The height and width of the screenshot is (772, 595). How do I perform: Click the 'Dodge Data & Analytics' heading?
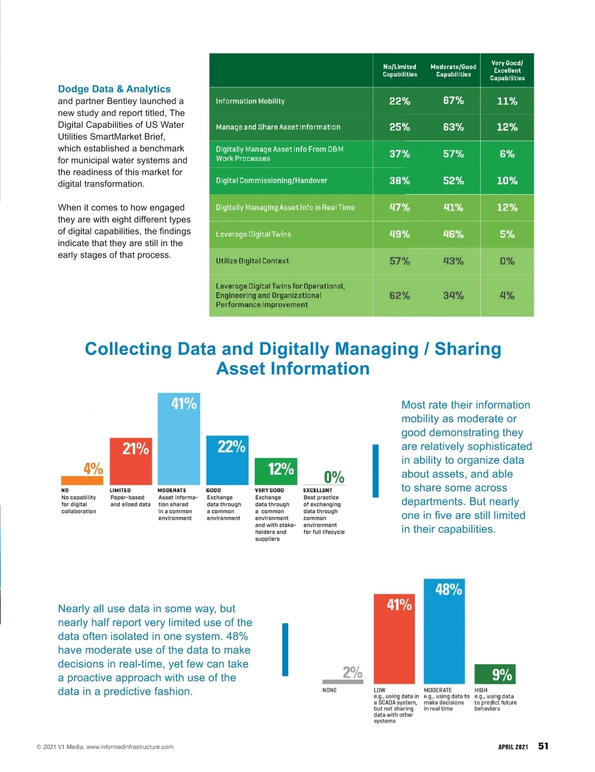coord(114,89)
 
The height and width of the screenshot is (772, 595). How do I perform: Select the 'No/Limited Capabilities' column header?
coord(400,70)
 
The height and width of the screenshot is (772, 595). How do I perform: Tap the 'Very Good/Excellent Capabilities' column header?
coord(507,70)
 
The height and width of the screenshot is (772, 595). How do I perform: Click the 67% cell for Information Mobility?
coord(453,101)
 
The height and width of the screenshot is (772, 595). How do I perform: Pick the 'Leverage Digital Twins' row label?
coord(253,234)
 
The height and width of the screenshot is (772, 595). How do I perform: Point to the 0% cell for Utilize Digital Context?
coord(507,261)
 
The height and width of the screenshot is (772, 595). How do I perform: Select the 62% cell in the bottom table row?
coord(400,296)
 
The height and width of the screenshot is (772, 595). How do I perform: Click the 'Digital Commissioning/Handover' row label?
coord(271,181)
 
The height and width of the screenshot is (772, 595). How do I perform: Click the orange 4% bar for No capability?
coord(82,480)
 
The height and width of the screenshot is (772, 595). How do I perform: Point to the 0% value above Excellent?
coord(334,477)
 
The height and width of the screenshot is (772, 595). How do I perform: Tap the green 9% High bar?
coord(495,674)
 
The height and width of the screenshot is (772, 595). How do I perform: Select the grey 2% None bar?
coord(343,682)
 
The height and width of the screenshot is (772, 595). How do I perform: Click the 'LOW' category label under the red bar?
coord(379,690)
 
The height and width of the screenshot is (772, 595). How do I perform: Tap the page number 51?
coord(543,746)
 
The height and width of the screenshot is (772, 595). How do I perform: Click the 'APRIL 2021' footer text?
coord(513,747)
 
